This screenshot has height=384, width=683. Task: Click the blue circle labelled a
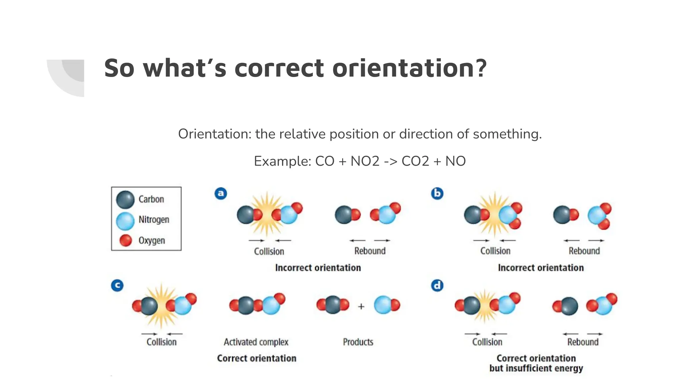(221, 193)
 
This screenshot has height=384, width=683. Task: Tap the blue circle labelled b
(437, 193)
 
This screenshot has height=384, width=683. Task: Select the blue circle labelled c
(117, 285)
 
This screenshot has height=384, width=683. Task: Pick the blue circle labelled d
(437, 286)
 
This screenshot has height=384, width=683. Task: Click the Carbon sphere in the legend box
(125, 199)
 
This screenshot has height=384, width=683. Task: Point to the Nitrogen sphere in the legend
(125, 221)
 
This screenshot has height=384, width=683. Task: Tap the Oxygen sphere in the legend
(125, 240)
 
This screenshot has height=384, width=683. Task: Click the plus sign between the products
(361, 306)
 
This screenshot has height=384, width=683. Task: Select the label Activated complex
(256, 342)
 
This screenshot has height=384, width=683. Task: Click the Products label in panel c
(358, 342)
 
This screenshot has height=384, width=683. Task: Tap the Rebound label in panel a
(370, 251)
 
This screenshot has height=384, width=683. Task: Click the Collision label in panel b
(495, 251)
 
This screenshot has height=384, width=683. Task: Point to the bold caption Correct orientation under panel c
(256, 358)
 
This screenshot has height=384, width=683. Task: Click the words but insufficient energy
(536, 368)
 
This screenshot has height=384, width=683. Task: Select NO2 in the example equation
(365, 161)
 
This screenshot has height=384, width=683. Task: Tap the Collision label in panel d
(487, 342)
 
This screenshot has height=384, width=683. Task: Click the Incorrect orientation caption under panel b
(541, 268)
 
